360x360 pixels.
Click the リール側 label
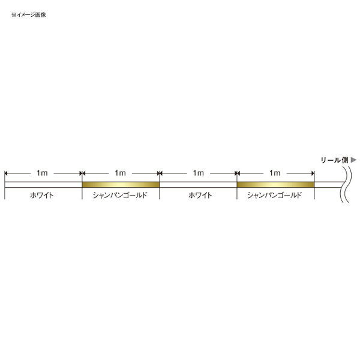334,160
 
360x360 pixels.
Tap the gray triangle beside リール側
353,160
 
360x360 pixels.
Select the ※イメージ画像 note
29,15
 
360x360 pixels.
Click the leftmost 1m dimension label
42,173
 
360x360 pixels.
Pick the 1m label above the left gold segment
121,173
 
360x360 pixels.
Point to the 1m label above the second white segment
199,173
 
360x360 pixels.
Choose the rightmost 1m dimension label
275,173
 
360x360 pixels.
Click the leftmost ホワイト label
42,196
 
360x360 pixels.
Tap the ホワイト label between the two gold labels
200,196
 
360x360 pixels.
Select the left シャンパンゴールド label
120,196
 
